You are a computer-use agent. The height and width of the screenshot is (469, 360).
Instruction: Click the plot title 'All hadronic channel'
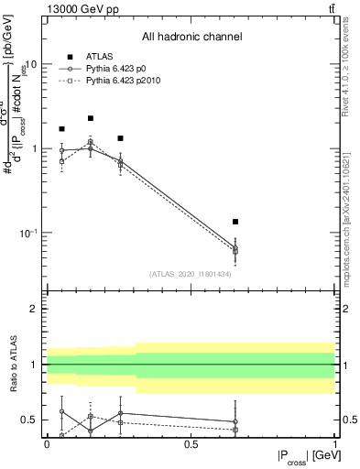coord(191,37)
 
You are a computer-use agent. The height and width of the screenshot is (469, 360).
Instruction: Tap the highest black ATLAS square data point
coord(91,118)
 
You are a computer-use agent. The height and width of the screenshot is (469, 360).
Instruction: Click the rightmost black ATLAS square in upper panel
coord(235,222)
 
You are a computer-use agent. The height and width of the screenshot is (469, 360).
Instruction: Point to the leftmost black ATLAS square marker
coord(61,129)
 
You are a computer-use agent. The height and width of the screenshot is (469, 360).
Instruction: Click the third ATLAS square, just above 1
coord(120,138)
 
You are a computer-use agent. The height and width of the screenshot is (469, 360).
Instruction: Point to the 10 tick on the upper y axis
coord(31,65)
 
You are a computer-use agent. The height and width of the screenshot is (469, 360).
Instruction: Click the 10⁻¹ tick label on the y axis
coord(27,233)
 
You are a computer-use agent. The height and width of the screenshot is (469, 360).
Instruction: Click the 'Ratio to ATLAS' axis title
coord(13,365)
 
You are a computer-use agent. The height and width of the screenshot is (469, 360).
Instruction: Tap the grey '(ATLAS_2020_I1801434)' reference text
coord(190,274)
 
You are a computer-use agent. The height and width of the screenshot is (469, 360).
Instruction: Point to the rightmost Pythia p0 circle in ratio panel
coord(235,422)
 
